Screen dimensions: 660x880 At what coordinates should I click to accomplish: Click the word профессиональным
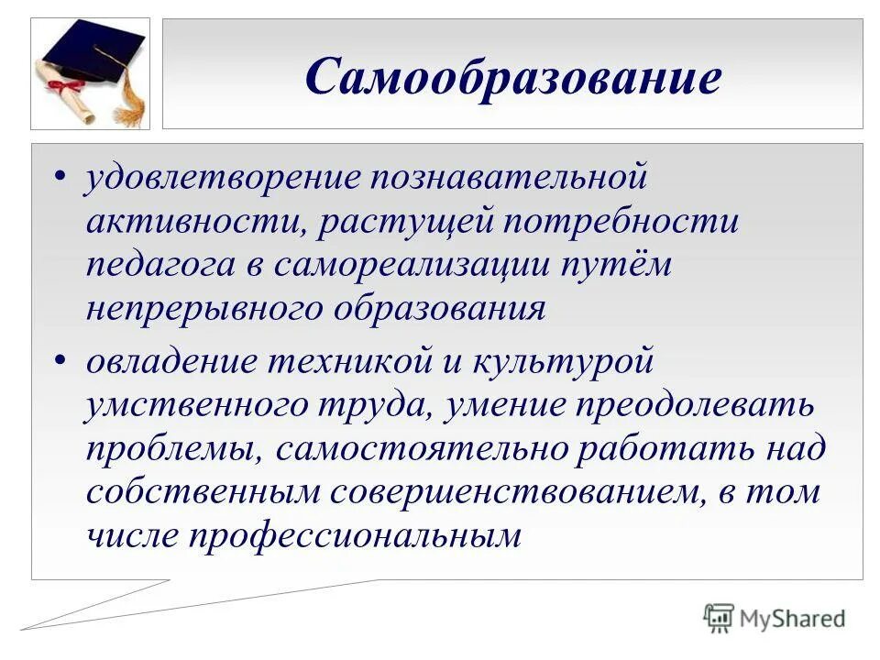coord(355,537)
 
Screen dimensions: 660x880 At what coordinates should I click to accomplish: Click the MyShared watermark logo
coord(775,618)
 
